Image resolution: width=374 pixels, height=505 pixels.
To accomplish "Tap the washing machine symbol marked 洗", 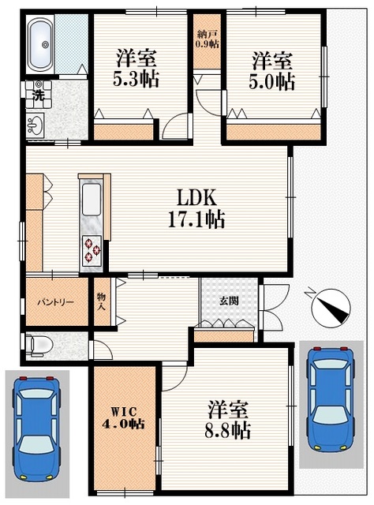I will [x=36, y=93].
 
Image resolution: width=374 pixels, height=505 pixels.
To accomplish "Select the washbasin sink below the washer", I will [x=34, y=124].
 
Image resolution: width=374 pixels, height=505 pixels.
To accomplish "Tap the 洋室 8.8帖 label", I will [x=229, y=420].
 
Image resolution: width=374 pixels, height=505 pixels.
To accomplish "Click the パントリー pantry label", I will [x=54, y=301].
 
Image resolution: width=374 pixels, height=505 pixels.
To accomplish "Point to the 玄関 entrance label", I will [x=230, y=301].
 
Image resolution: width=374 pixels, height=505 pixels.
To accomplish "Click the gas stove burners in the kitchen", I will [x=92, y=251].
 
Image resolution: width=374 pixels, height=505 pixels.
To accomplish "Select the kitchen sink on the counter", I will [x=91, y=200].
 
